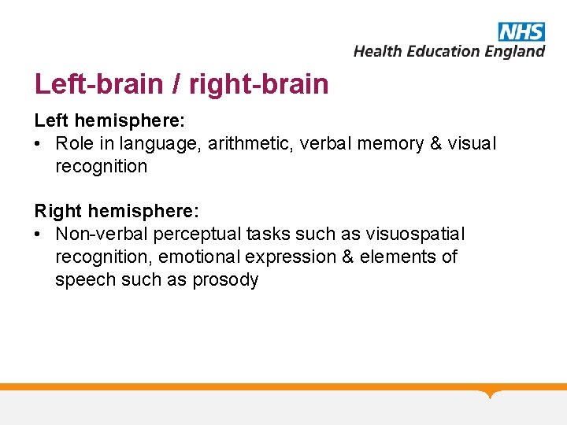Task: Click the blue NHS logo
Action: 521,31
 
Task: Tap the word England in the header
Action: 513,51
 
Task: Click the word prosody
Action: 225,280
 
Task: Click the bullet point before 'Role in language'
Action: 39,144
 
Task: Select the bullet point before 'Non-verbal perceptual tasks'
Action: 39,235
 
